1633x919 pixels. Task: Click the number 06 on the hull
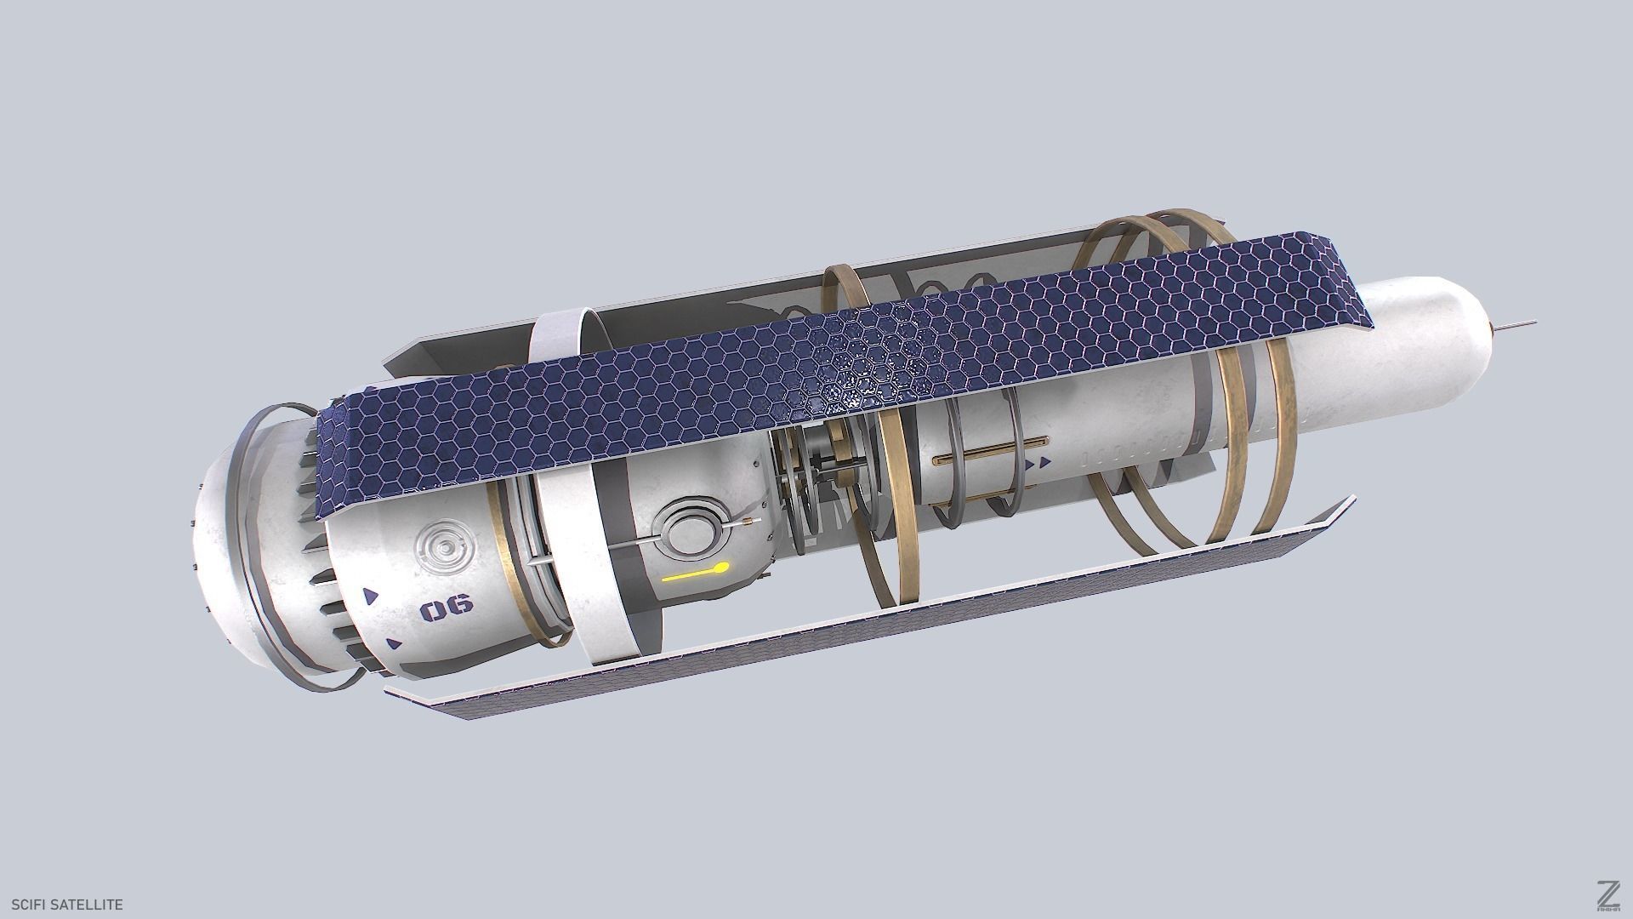coord(446,607)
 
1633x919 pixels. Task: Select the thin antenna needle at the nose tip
coord(1516,324)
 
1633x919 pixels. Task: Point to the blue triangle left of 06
coord(371,596)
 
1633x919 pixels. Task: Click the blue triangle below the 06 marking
coord(393,644)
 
